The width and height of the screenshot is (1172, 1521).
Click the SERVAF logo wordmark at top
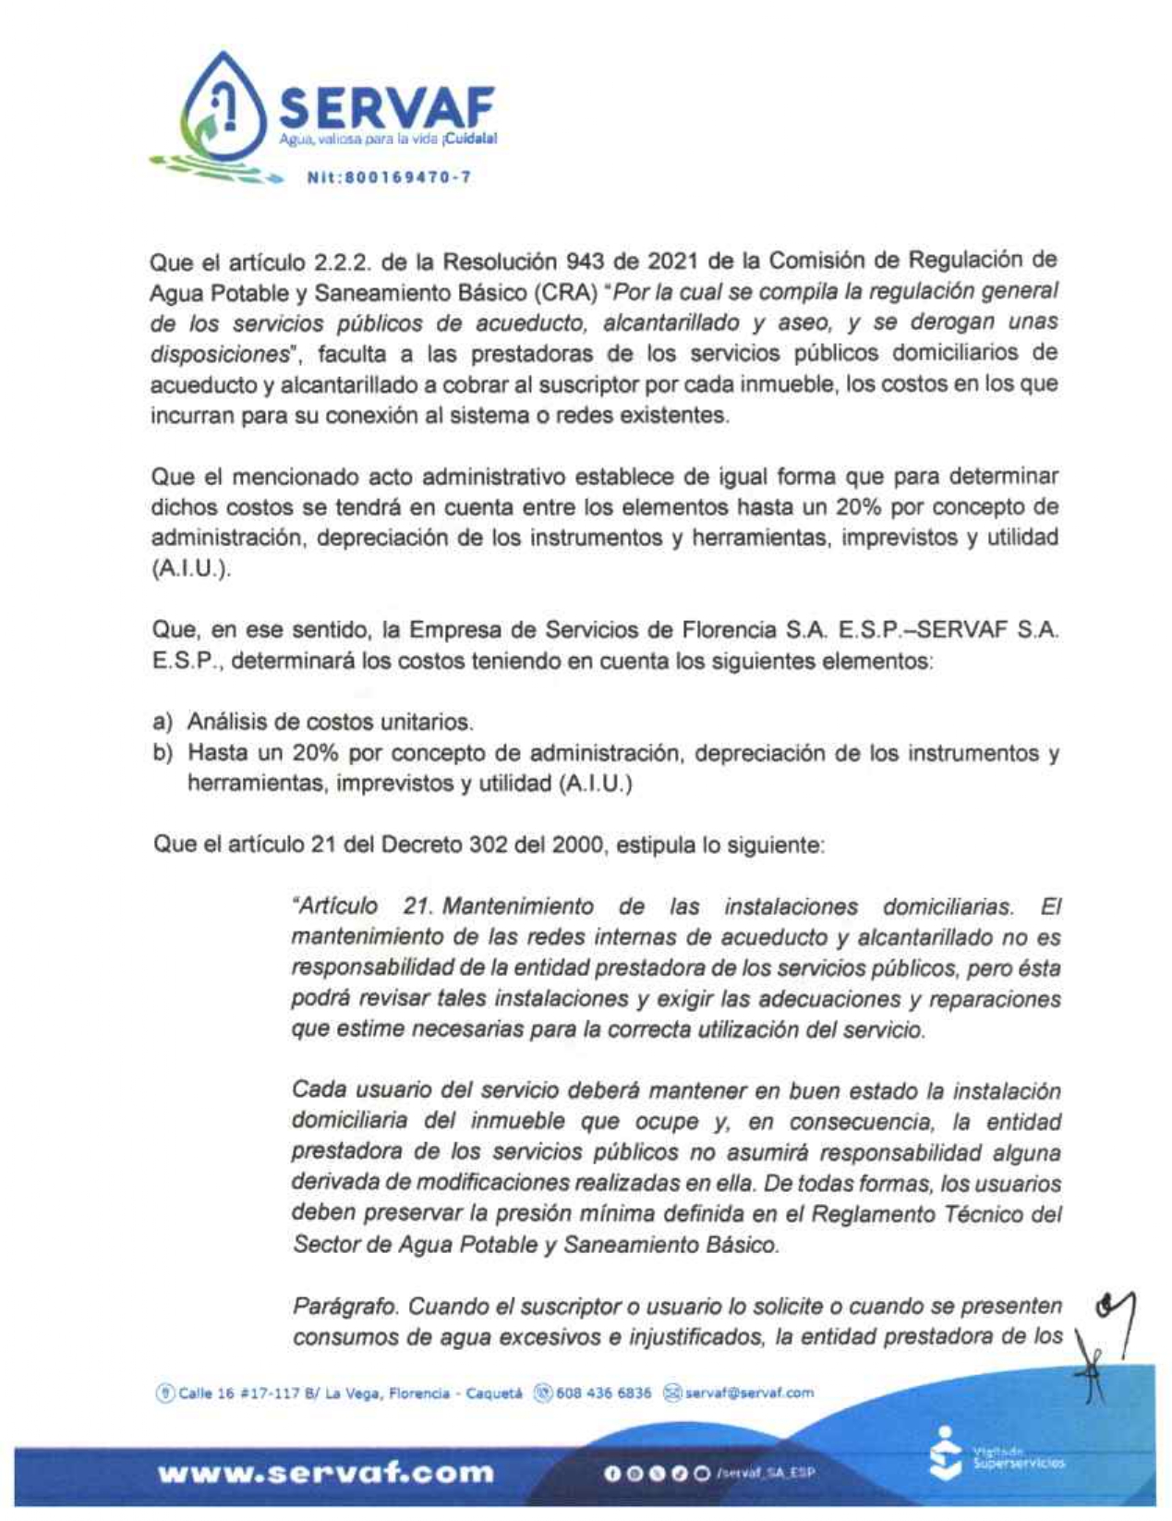click(x=386, y=108)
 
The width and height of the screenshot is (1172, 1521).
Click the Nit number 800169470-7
click(x=389, y=176)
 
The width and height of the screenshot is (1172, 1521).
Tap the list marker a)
click(x=163, y=722)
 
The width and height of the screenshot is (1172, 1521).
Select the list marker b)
click(x=163, y=753)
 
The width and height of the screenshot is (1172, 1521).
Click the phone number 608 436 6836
click(x=603, y=1393)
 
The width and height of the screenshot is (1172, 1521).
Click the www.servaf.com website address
click(x=326, y=1473)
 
